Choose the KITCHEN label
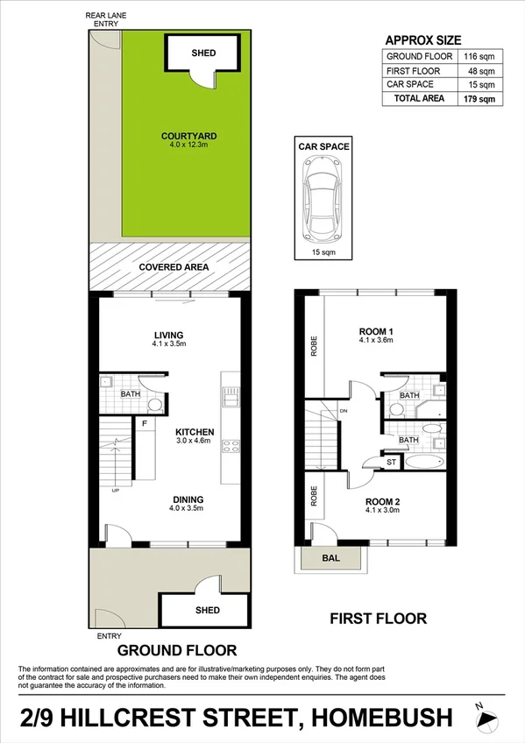click(x=195, y=432)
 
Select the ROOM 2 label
click(x=381, y=501)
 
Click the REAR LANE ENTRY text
click(x=102, y=19)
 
